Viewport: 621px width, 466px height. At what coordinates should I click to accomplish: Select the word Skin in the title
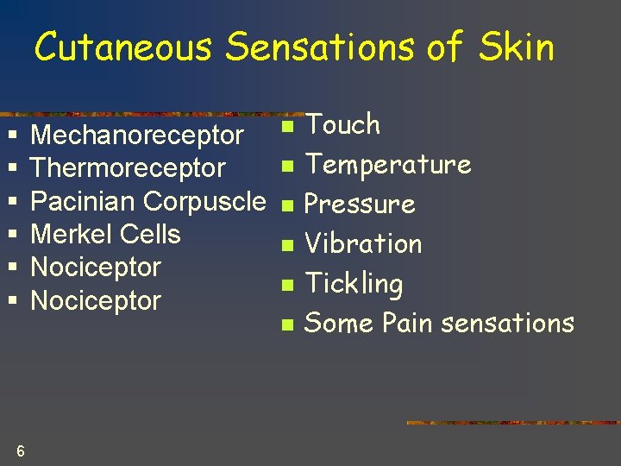[517, 47]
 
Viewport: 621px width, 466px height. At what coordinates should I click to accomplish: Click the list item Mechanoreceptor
[137, 135]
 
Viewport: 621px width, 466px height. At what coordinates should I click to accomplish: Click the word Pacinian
[83, 201]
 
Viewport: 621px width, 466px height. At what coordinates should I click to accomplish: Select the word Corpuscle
[204, 201]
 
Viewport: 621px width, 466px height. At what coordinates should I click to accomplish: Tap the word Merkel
[71, 234]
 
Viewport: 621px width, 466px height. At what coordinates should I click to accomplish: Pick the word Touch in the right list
[343, 125]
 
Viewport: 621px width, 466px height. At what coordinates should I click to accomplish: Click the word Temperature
[388, 165]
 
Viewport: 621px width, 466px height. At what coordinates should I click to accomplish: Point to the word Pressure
[361, 205]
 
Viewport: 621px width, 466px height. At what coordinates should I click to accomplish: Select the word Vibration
[363, 244]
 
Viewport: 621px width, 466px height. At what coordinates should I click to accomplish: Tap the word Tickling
[354, 284]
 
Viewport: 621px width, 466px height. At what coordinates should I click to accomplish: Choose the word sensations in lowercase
[507, 324]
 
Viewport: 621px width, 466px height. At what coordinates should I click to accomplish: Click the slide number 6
[20, 450]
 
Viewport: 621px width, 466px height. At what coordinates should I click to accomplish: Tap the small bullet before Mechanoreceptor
[11, 136]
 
